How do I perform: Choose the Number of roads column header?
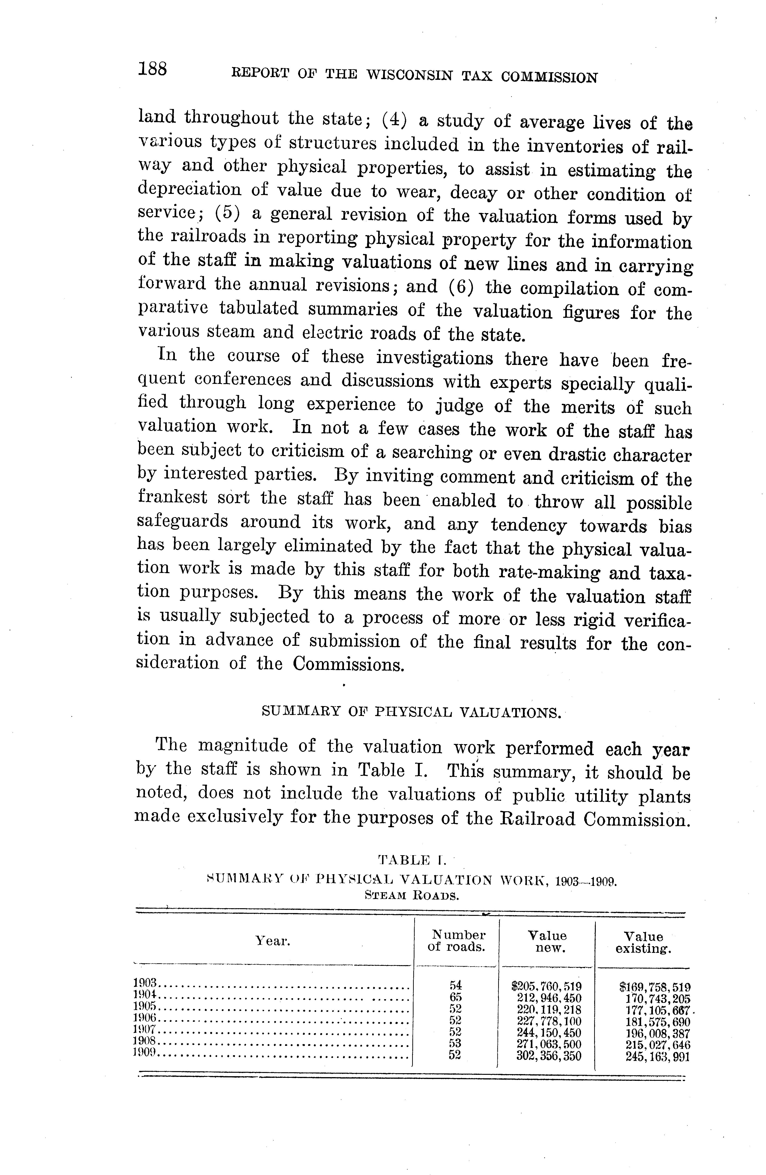coord(457,941)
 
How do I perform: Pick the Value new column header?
coord(547,942)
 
